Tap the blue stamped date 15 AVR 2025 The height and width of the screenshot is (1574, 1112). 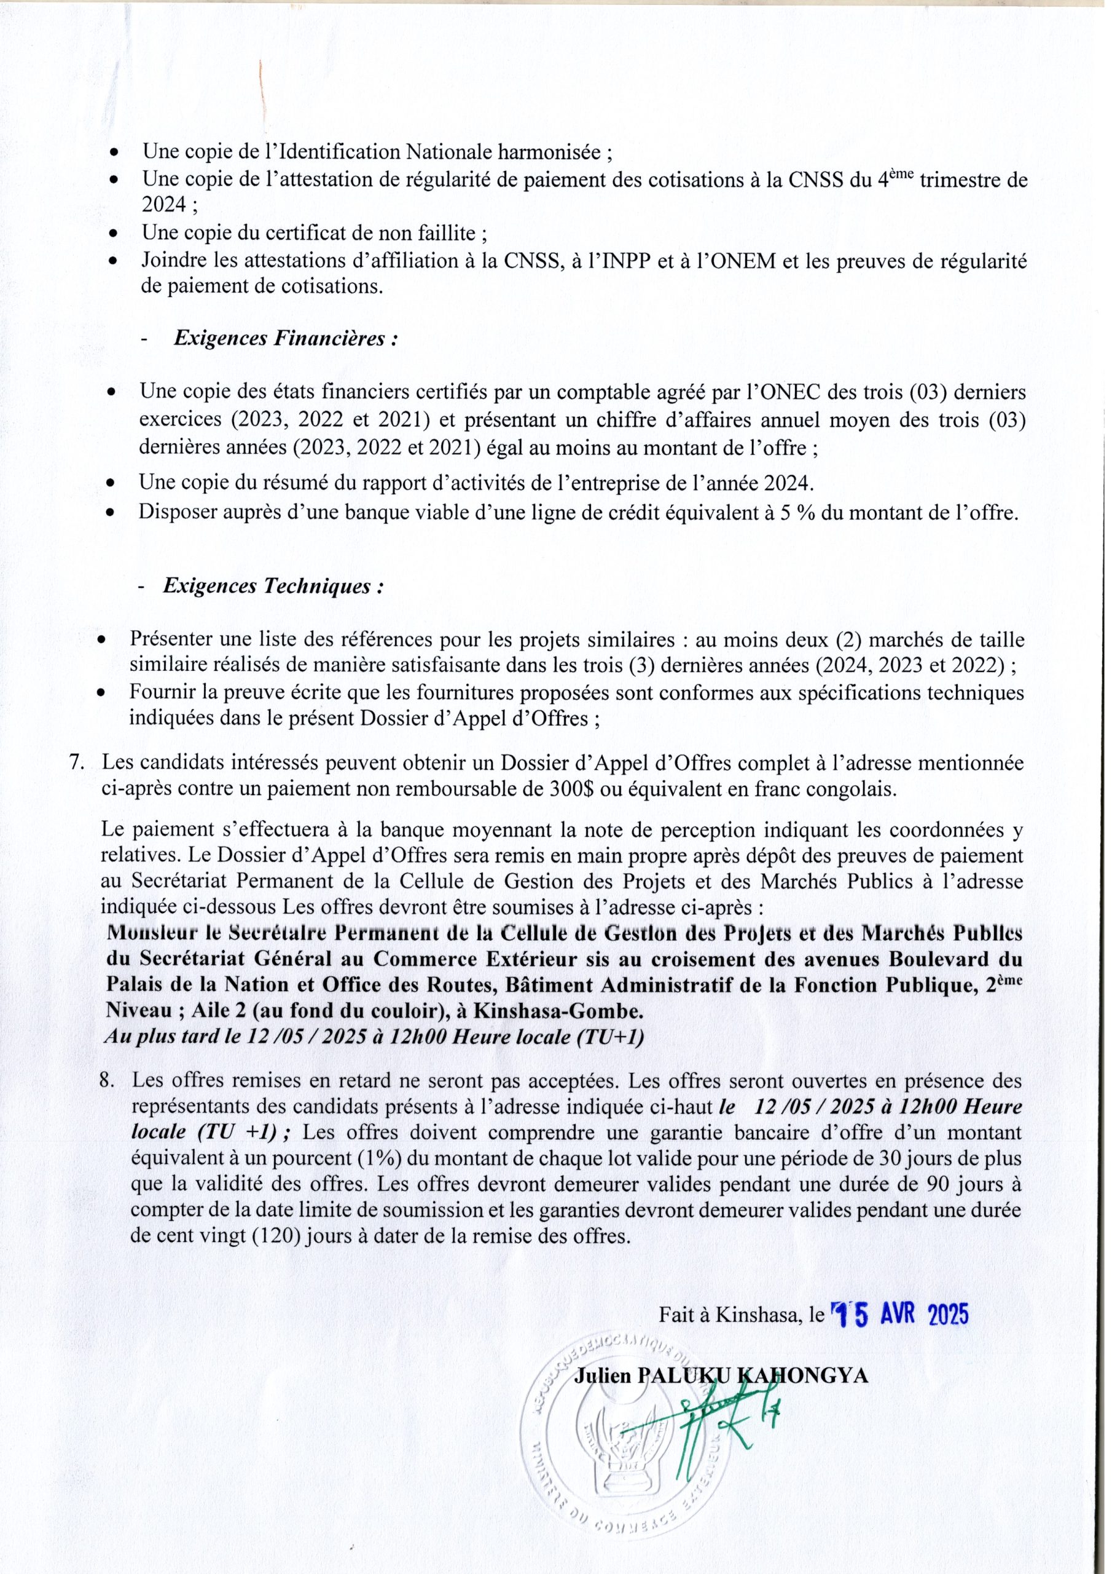click(x=899, y=1314)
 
